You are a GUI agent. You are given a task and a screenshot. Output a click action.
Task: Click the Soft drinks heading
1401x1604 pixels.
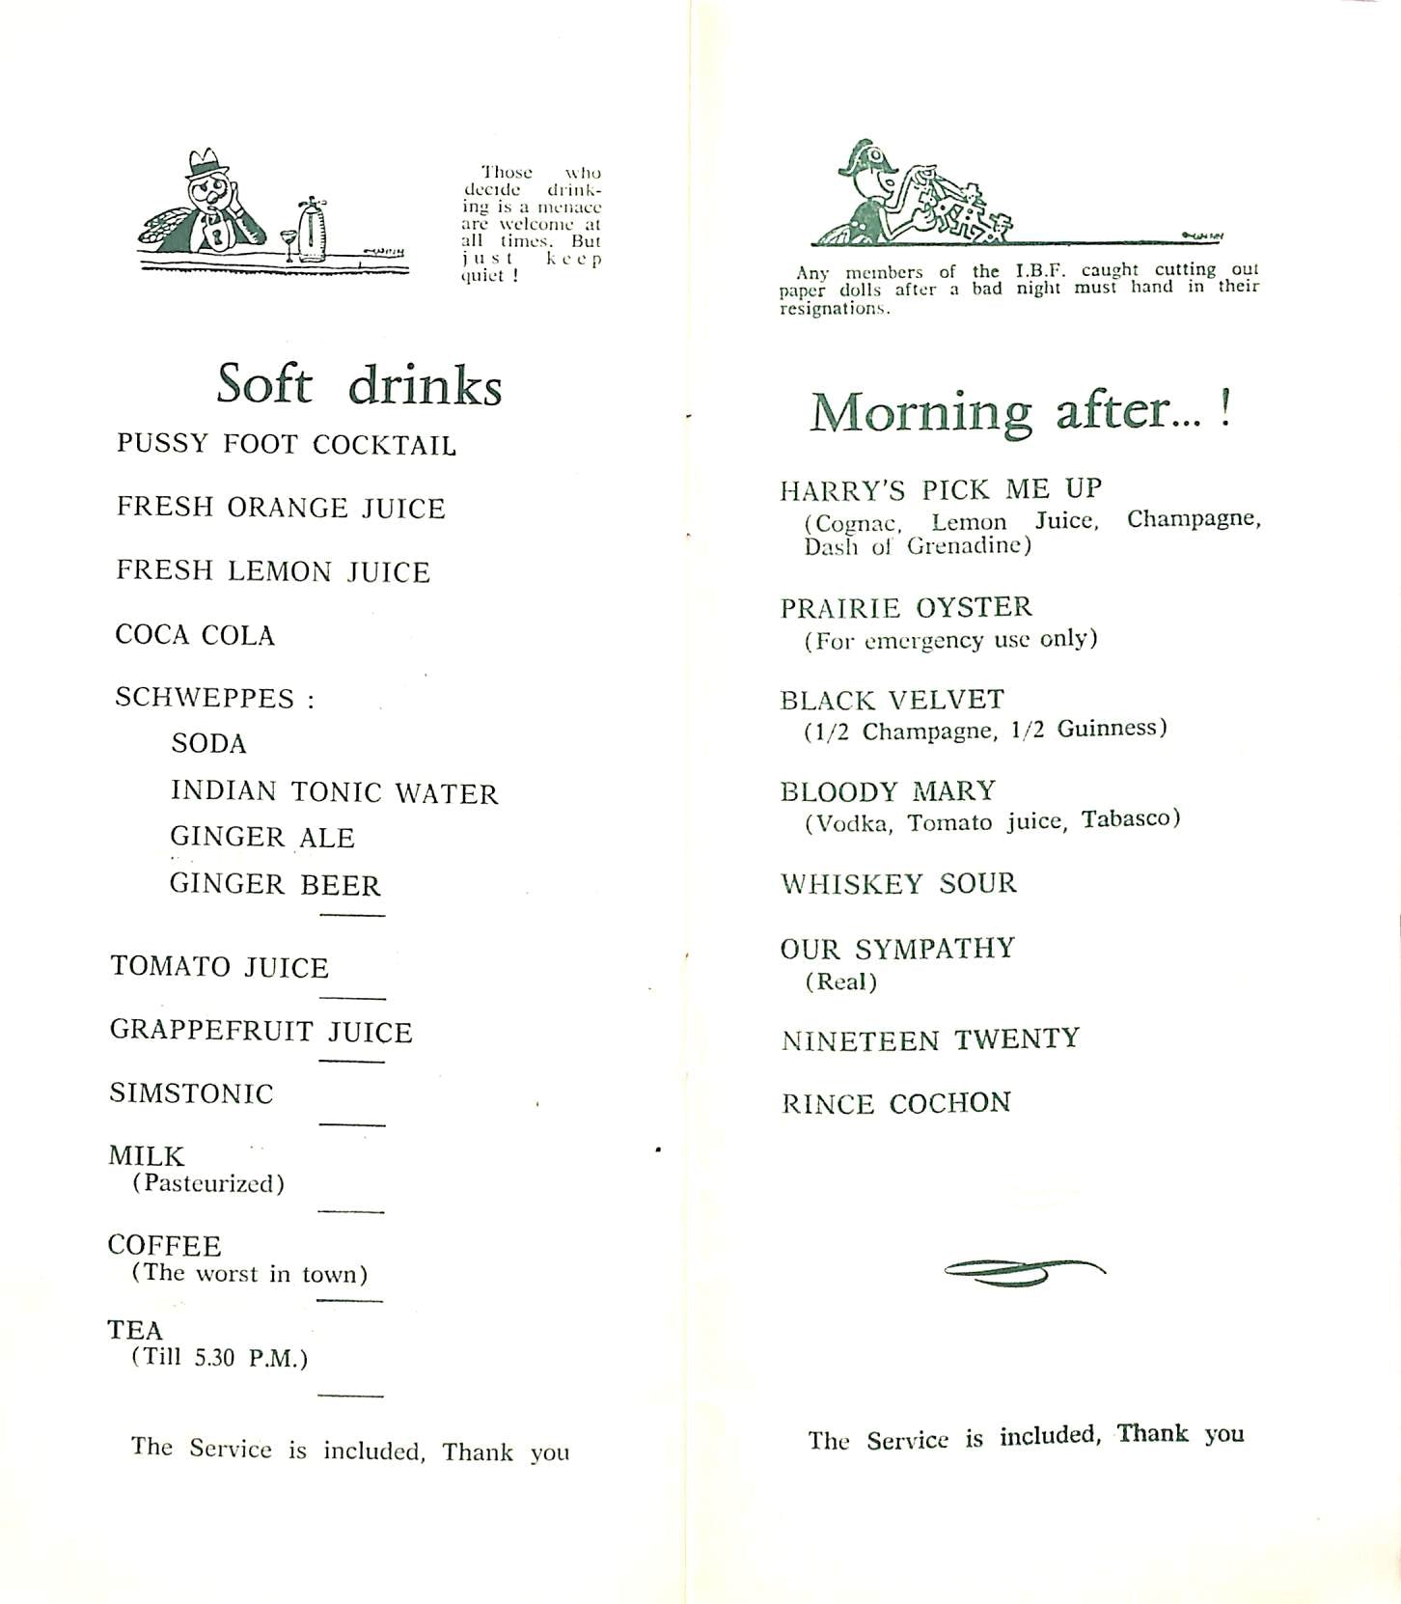pyautogui.click(x=359, y=385)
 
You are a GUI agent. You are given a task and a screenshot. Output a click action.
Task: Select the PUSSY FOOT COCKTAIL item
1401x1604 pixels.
pyautogui.click(x=286, y=444)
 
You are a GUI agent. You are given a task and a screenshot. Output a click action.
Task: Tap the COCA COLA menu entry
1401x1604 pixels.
pyautogui.click(x=195, y=635)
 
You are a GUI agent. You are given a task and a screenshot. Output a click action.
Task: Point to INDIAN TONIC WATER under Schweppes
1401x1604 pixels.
pyautogui.click(x=334, y=792)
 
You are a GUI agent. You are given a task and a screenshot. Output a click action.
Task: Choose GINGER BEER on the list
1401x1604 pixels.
pyautogui.click(x=275, y=884)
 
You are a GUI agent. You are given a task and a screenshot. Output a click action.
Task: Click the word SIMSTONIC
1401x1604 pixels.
pyautogui.click(x=191, y=1093)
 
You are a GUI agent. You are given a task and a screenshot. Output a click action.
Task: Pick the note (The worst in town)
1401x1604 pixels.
pyautogui.click(x=250, y=1274)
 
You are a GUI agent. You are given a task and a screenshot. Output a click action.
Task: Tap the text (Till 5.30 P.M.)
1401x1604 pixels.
pyautogui.click(x=220, y=1358)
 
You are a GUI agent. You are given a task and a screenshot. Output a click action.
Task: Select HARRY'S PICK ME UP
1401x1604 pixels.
pyautogui.click(x=941, y=489)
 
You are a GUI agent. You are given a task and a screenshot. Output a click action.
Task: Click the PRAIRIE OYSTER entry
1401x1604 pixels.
pyautogui.click(x=906, y=607)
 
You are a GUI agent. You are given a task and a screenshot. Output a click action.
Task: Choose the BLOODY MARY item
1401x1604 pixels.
pyautogui.click(x=888, y=791)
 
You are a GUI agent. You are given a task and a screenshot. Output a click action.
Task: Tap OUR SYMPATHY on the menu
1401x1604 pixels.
pyautogui.click(x=897, y=949)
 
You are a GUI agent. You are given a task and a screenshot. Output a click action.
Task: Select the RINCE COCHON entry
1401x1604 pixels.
pyautogui.click(x=896, y=1103)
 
